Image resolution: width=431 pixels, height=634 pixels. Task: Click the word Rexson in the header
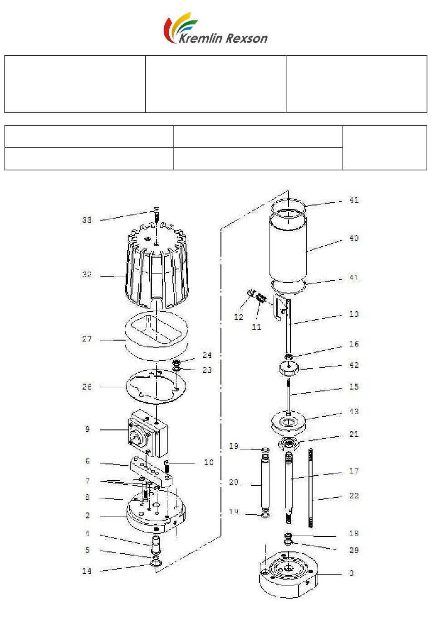pyautogui.click(x=246, y=39)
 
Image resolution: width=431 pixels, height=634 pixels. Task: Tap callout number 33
pyautogui.click(x=87, y=220)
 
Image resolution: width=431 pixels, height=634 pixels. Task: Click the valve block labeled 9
pyautogui.click(x=148, y=433)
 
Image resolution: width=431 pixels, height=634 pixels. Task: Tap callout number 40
pyautogui.click(x=354, y=238)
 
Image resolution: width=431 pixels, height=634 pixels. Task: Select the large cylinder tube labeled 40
pyautogui.click(x=288, y=248)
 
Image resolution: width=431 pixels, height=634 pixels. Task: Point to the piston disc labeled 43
pyautogui.click(x=289, y=423)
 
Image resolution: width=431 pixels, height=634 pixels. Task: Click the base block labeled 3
pyautogui.click(x=289, y=574)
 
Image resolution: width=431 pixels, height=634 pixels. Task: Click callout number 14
pyautogui.click(x=87, y=571)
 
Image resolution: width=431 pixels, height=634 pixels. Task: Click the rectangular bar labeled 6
pyautogui.click(x=152, y=471)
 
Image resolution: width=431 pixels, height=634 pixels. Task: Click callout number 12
pyautogui.click(x=239, y=317)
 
